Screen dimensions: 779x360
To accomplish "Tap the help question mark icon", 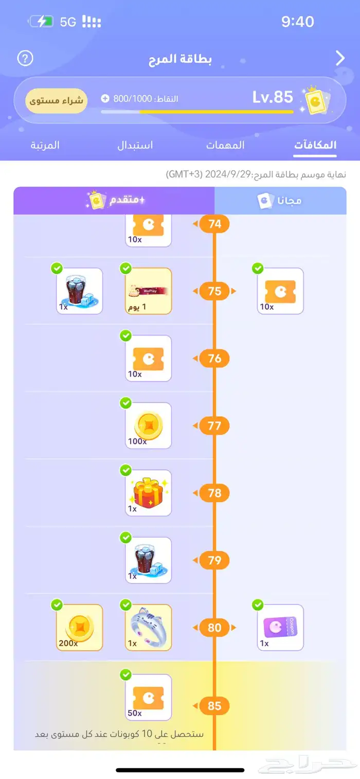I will [25, 58].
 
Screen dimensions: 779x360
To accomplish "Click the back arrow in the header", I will [340, 58].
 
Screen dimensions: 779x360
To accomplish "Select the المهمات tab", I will [225, 145].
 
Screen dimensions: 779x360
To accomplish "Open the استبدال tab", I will [135, 145].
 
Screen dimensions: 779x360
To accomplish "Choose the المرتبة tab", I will [45, 145].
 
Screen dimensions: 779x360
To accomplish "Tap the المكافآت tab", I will [315, 145].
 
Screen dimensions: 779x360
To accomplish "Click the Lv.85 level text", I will [273, 97].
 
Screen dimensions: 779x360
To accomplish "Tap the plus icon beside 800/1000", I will [105, 98].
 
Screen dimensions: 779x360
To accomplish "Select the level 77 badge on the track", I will [214, 426].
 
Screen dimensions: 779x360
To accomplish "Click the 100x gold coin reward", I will [148, 426].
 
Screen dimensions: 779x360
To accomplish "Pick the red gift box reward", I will [148, 493].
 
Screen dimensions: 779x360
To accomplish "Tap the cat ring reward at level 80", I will [148, 627].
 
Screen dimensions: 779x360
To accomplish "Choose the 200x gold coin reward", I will [80, 627].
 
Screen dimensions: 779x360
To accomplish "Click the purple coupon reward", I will [280, 627].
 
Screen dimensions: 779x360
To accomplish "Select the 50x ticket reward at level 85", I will [148, 697].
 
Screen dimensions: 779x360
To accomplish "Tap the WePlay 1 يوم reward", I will [148, 291].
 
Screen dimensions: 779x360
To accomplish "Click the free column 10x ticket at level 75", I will [280, 291].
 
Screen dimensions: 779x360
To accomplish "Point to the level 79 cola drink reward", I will [148, 560].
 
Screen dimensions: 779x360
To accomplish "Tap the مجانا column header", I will [280, 201].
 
